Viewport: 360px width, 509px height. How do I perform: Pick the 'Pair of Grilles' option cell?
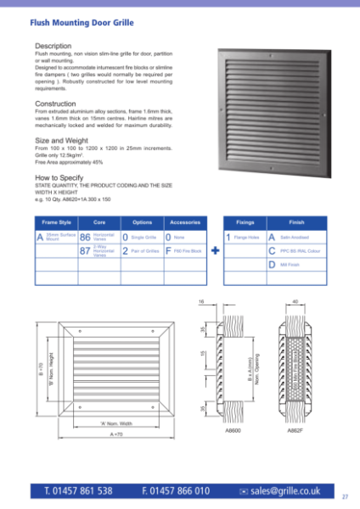click(x=144, y=252)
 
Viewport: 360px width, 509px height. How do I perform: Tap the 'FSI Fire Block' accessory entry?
click(x=188, y=252)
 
